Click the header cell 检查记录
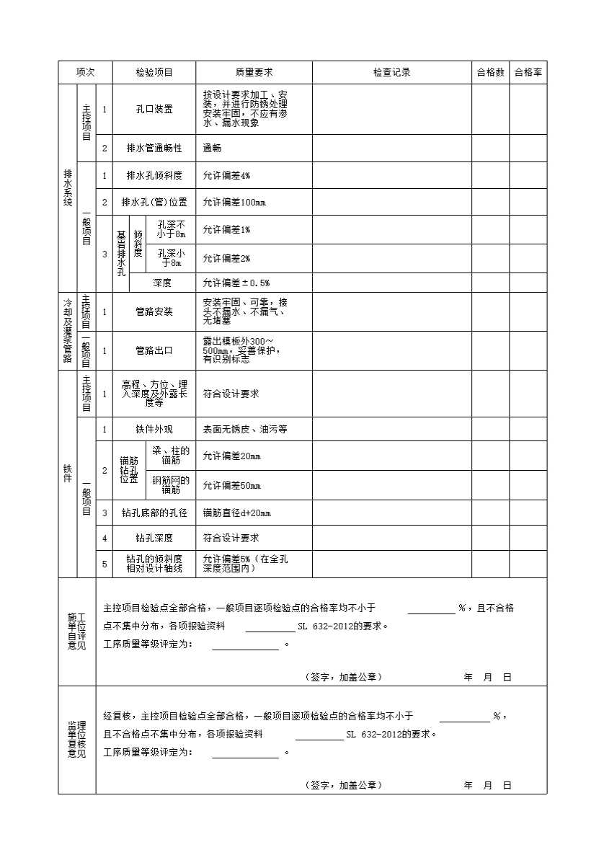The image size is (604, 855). (x=391, y=73)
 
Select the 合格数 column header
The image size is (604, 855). (x=490, y=73)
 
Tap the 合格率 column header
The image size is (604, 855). (x=528, y=73)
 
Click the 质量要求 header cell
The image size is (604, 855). (x=254, y=73)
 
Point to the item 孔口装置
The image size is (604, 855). (x=154, y=110)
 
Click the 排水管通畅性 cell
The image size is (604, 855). (x=154, y=149)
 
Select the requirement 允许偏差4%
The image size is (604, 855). (x=226, y=176)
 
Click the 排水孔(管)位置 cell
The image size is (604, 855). (x=154, y=203)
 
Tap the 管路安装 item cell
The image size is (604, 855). (x=154, y=312)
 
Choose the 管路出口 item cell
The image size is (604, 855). (x=154, y=351)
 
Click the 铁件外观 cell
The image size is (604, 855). (x=154, y=430)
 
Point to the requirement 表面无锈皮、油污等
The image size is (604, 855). (x=245, y=430)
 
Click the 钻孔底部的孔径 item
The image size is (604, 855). (x=154, y=513)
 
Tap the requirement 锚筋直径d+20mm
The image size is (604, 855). (x=237, y=513)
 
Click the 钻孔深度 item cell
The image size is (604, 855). (x=154, y=539)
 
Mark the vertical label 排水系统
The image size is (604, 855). (x=68, y=188)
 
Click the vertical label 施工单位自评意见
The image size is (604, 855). (x=76, y=632)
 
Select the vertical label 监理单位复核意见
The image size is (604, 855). (x=76, y=740)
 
